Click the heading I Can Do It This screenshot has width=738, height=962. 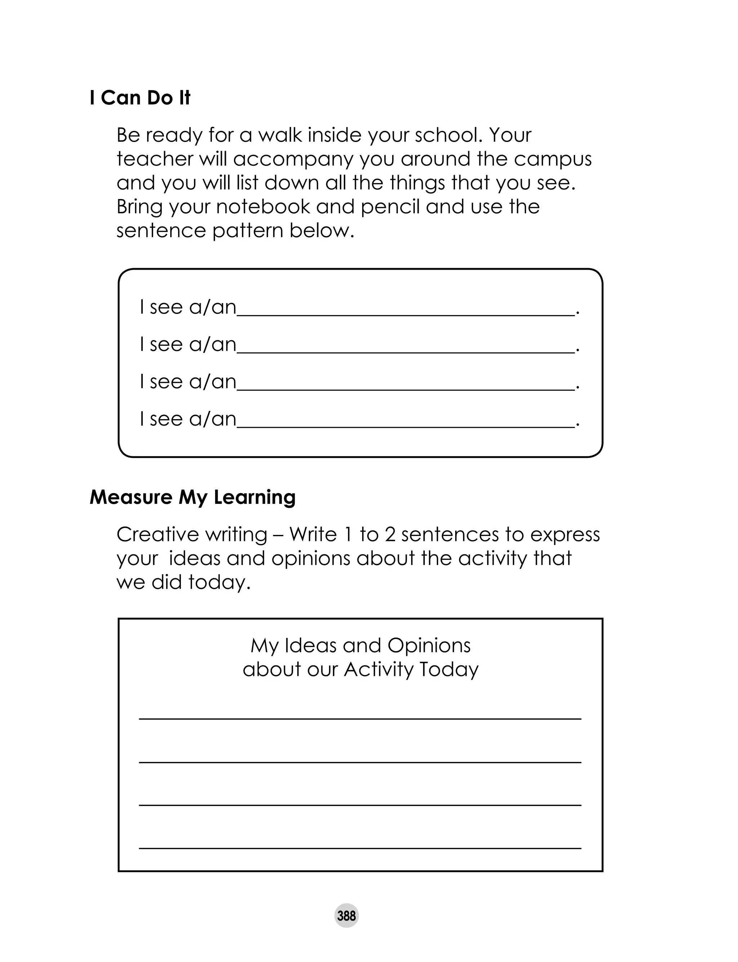(x=140, y=98)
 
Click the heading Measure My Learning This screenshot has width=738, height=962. (x=192, y=497)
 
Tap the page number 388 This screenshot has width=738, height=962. (x=346, y=916)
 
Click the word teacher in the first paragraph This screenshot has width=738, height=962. (x=155, y=159)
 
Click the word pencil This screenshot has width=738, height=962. (x=390, y=207)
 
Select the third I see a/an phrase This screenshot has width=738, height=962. (x=188, y=381)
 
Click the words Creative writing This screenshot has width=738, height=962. (x=192, y=535)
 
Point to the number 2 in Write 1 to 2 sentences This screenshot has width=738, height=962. (x=390, y=535)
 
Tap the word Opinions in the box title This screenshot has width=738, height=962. (x=429, y=646)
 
